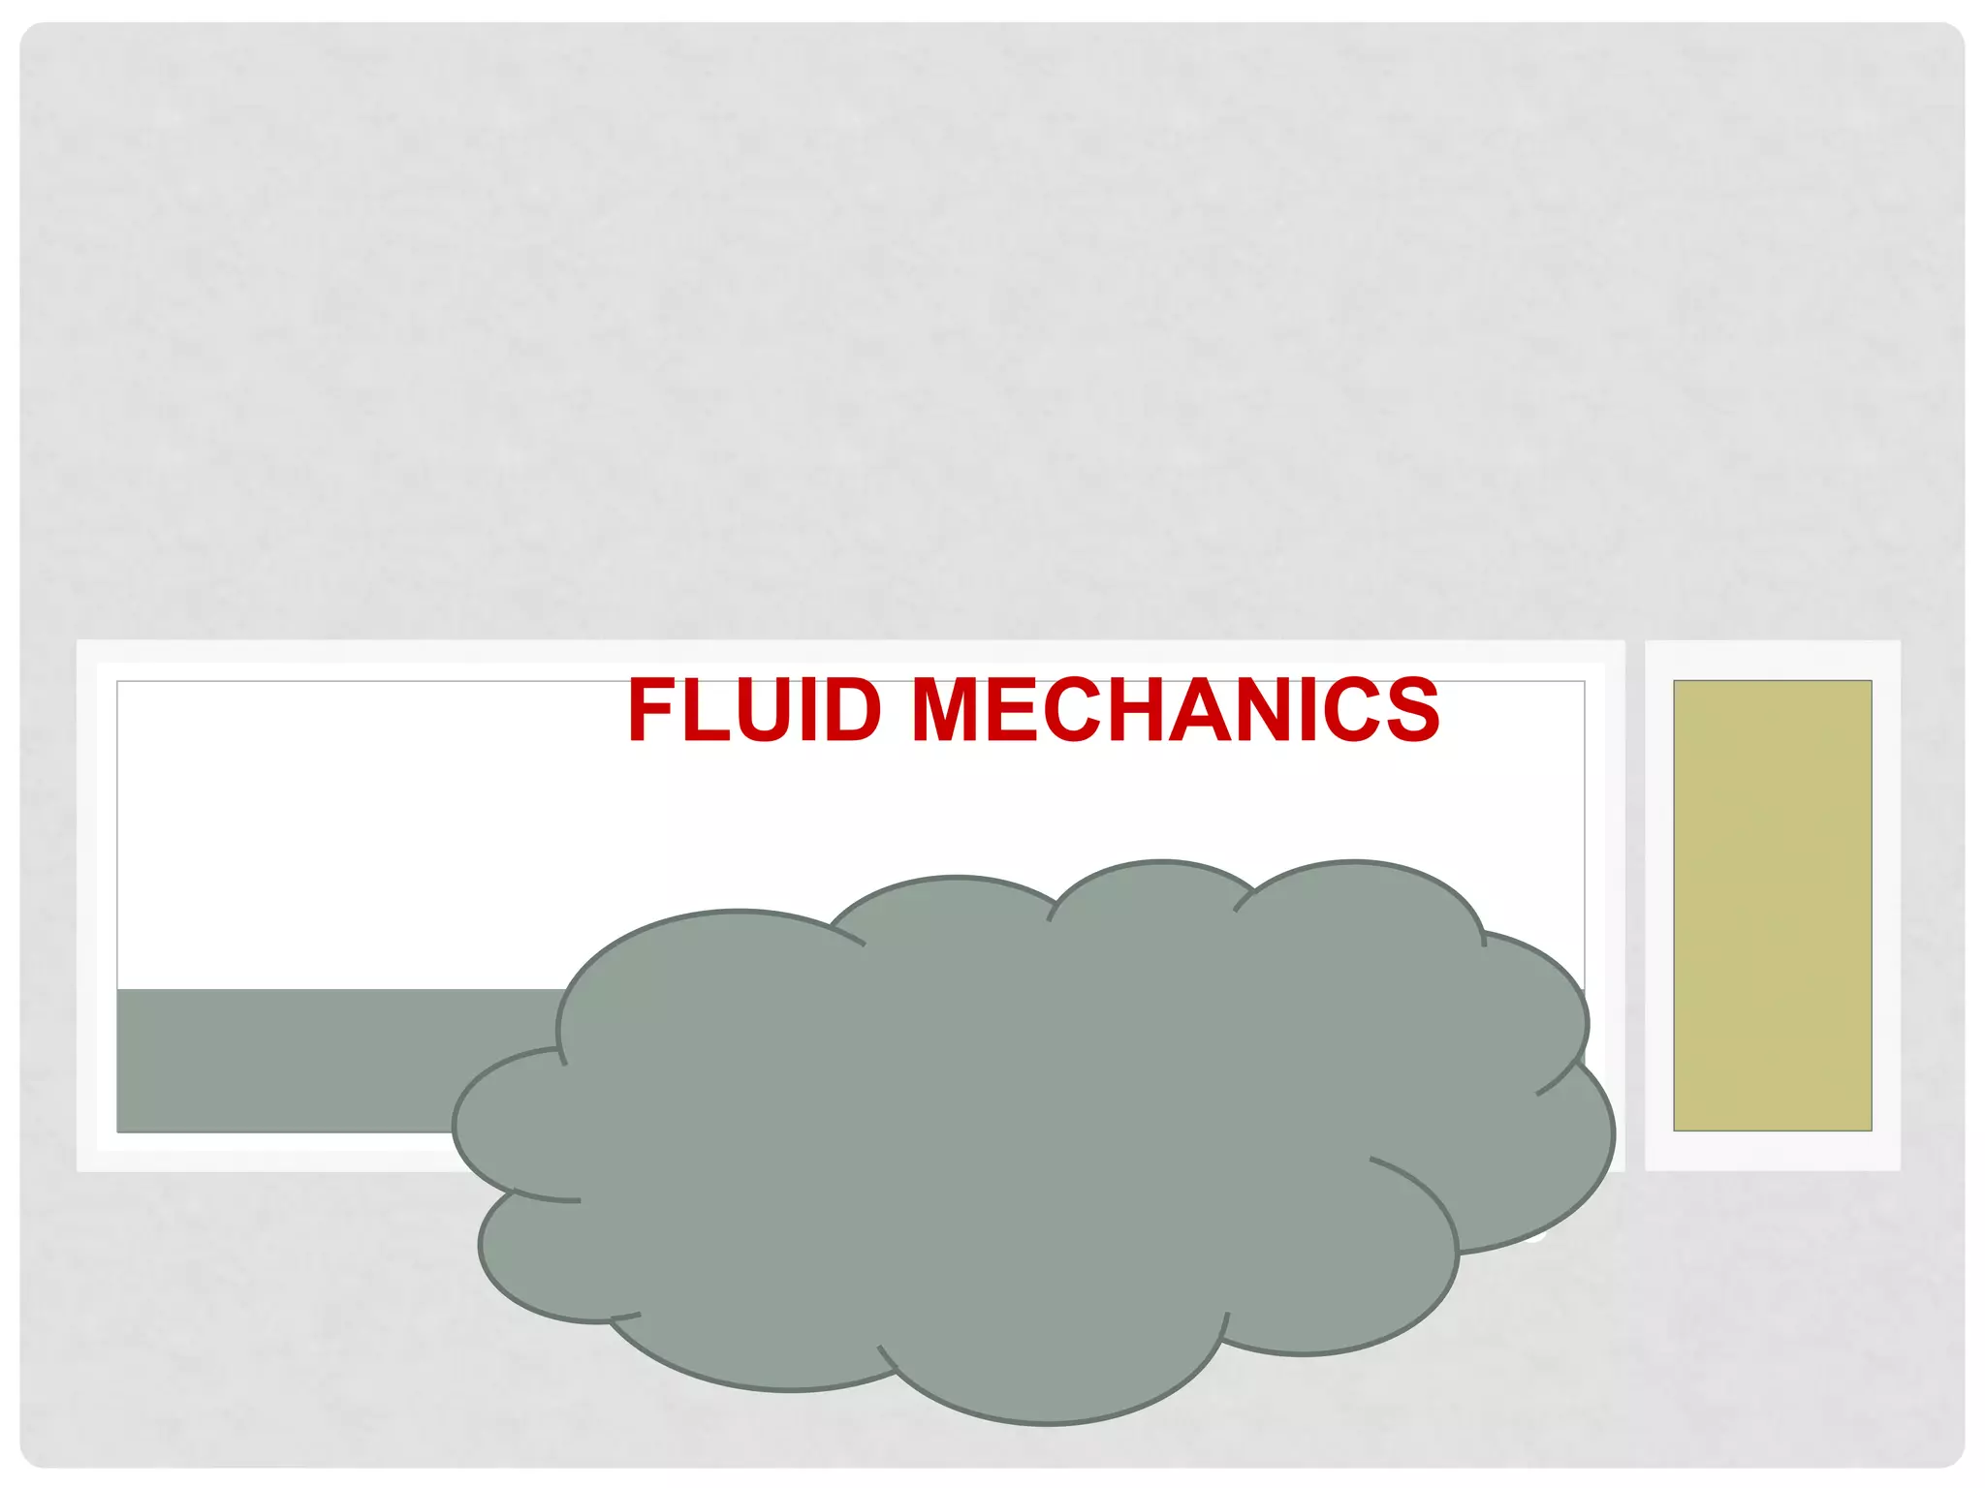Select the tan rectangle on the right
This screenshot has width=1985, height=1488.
(1772, 905)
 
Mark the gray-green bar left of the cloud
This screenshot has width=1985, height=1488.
(330, 1060)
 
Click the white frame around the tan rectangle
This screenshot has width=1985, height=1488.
(1659, 905)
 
